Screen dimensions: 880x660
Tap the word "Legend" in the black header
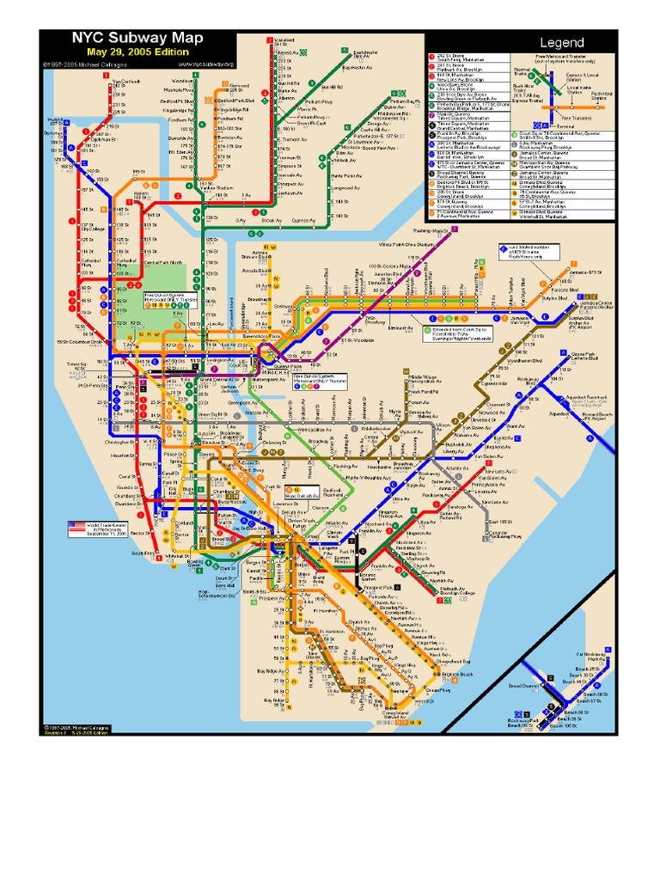click(x=561, y=42)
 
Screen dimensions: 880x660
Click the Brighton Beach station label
click(x=453, y=675)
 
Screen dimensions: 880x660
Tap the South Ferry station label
click(x=143, y=553)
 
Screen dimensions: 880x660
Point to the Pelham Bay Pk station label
click(x=406, y=101)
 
